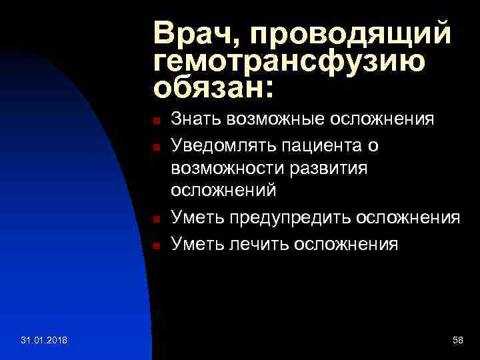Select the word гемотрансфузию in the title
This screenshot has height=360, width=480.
click(289, 61)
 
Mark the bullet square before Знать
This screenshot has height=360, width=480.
click(155, 122)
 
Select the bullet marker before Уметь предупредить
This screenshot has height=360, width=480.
click(155, 219)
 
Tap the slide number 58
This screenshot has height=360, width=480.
click(457, 341)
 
